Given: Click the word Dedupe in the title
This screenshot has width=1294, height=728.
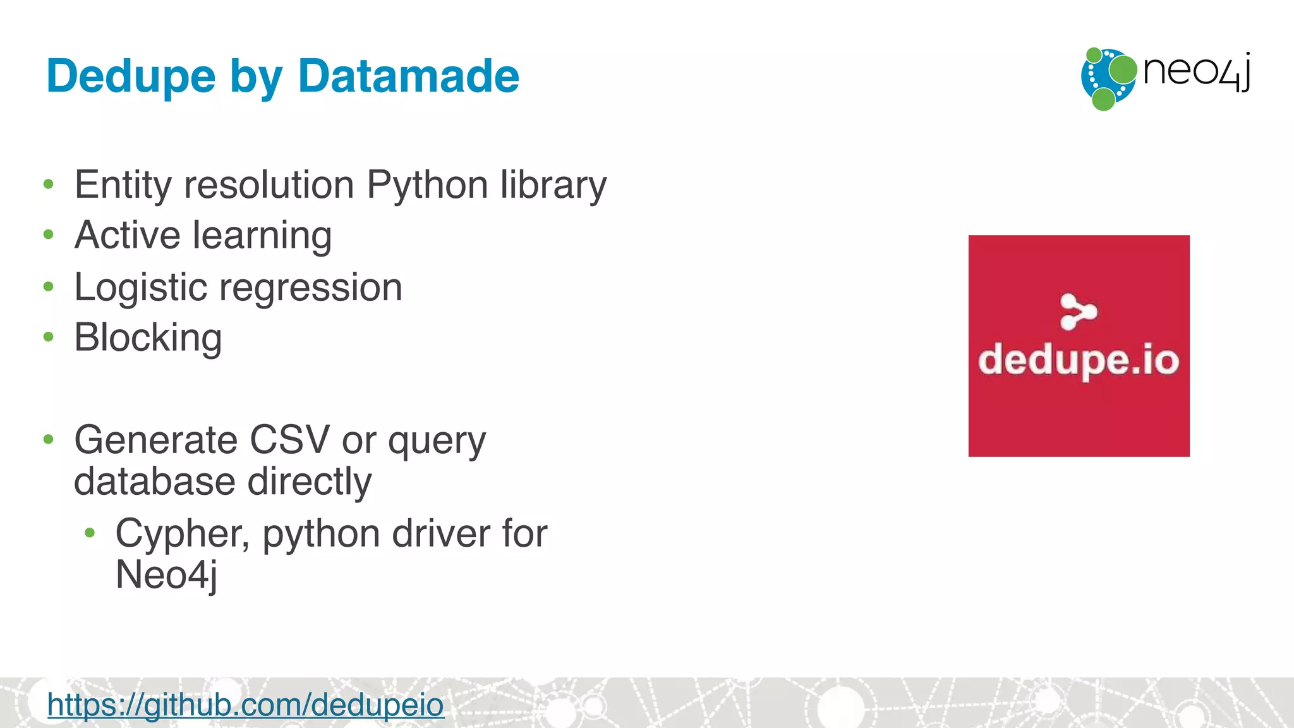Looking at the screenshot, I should click(131, 76).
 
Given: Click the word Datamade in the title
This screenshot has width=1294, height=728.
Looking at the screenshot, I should click(408, 76).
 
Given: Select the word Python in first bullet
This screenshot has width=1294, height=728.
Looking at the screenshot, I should click(427, 185).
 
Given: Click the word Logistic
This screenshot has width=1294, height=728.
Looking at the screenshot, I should click(141, 288).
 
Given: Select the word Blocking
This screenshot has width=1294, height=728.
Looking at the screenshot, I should click(148, 337).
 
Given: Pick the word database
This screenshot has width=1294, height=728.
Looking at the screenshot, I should click(155, 482).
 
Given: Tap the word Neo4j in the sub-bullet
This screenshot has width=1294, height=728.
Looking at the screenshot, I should click(166, 574).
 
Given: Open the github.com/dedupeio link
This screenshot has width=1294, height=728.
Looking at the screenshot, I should click(246, 704).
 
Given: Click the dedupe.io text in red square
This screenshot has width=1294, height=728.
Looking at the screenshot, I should click(1079, 361).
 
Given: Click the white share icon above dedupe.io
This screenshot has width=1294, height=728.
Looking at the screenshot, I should click(1078, 312).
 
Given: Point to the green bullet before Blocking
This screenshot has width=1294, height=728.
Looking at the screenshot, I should click(49, 337).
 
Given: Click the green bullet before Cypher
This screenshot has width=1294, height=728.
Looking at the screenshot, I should click(90, 533).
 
